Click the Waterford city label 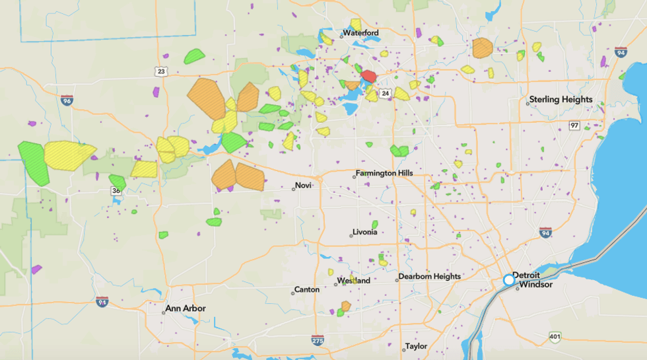coord(360,33)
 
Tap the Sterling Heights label coord(561,100)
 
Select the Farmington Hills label coord(384,173)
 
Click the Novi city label coord(302,186)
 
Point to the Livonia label coord(364,232)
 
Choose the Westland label coord(354,280)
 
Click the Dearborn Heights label coord(429,277)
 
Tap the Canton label coord(306,289)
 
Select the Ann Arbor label coord(186,308)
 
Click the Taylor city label coord(416,346)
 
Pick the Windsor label coord(535,285)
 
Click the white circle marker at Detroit coord(509,280)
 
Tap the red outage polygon coord(369,77)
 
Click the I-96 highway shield coord(66,100)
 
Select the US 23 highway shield coord(160,71)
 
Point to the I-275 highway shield coord(318,340)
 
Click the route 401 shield coord(554,338)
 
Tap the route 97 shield coord(574,126)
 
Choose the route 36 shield coord(116,191)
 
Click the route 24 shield coord(385,93)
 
